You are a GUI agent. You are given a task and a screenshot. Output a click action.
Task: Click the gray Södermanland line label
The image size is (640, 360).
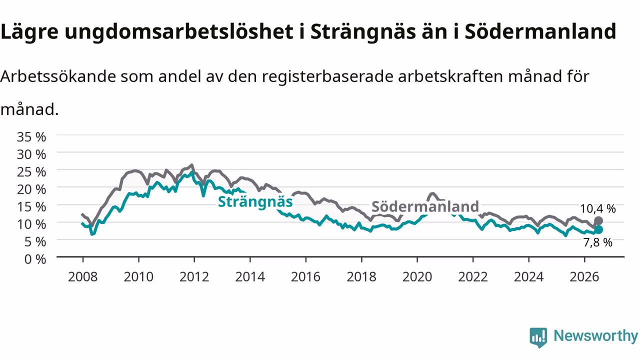click(425, 206)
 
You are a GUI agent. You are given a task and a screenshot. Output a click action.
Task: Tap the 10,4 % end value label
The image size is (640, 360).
click(597, 209)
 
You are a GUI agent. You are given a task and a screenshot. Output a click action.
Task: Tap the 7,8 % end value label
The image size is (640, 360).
click(597, 242)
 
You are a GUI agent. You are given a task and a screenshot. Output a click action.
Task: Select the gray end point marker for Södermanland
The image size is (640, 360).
click(598, 221)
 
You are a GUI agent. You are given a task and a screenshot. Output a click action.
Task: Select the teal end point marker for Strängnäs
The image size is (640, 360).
click(598, 229)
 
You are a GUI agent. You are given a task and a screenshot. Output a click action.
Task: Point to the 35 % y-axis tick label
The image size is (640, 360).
click(31, 137)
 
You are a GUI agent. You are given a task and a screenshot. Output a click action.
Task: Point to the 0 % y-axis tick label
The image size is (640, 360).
click(35, 259)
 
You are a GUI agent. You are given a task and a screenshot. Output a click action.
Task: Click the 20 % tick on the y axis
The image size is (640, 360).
click(31, 189)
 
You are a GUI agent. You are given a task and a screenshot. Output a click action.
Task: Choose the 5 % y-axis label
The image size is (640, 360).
click(35, 242)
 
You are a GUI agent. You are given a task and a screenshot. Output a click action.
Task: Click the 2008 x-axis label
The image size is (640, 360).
click(83, 277)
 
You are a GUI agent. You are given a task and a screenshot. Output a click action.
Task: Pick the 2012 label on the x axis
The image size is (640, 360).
click(194, 277)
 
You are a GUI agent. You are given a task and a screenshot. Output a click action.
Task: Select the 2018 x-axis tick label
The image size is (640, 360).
click(361, 277)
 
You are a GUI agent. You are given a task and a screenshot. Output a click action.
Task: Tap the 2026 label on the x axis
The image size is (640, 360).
click(584, 277)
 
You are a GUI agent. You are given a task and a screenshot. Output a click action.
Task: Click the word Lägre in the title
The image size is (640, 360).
click(29, 32)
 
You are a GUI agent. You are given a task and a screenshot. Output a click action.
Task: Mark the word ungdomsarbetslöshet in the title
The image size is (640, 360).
click(179, 32)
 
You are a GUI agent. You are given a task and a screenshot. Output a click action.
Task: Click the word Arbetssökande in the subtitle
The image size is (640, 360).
click(58, 76)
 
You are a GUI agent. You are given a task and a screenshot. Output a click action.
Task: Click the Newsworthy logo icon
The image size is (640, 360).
click(538, 337)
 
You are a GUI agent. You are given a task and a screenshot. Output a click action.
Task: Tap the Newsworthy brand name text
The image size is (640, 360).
click(595, 335)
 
